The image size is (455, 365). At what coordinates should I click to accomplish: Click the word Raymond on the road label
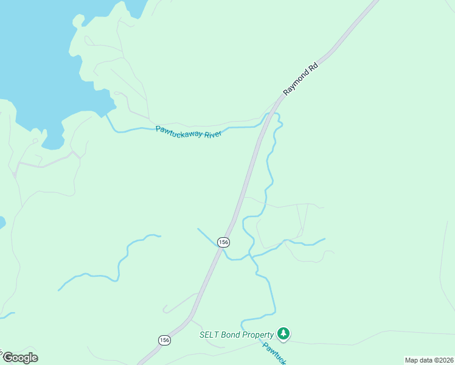pyautogui.click(x=297, y=82)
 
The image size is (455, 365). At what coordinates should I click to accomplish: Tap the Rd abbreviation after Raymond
pyautogui.click(x=313, y=66)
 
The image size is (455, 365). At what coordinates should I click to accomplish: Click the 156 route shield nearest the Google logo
pyautogui.click(x=164, y=339)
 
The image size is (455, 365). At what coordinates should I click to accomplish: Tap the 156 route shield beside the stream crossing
pyautogui.click(x=224, y=242)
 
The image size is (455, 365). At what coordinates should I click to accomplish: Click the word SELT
pyautogui.click(x=209, y=335)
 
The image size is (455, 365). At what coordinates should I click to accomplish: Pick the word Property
pyautogui.click(x=258, y=335)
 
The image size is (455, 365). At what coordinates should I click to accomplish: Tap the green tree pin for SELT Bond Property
pyautogui.click(x=283, y=333)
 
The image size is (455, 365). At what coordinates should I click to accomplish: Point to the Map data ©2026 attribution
pyautogui.click(x=429, y=360)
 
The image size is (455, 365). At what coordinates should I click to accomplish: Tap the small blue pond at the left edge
pyautogui.click(x=2, y=222)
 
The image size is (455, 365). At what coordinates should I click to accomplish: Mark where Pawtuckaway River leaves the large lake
pyautogui.click(x=108, y=115)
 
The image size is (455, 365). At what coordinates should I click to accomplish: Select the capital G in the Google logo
pyautogui.click(x=7, y=358)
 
